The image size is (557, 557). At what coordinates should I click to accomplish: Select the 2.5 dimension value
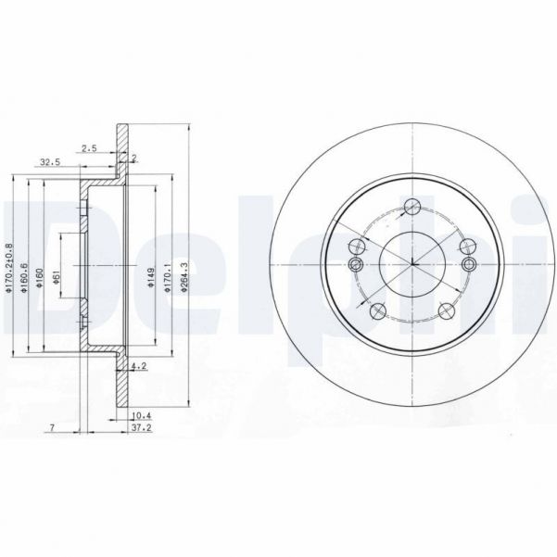point(89,147)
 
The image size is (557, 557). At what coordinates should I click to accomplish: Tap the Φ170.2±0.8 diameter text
point(9,269)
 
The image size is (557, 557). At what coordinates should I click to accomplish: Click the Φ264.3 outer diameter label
point(185,276)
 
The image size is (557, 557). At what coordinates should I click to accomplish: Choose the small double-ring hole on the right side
point(469,263)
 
